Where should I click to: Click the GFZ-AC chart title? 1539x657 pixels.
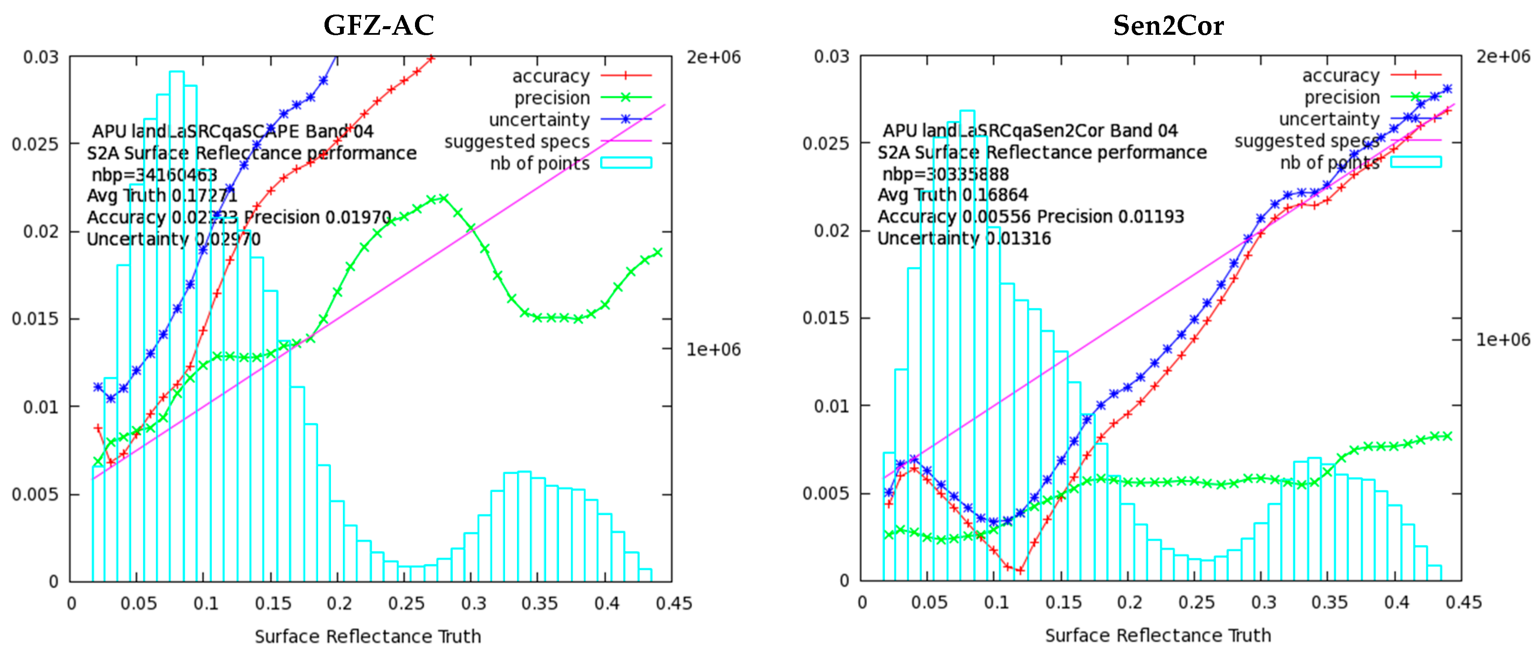click(379, 25)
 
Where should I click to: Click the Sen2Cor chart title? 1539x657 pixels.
click(1168, 25)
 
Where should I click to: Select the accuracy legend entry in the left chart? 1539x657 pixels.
click(550, 76)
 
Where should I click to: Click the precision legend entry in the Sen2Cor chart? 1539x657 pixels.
click(1341, 97)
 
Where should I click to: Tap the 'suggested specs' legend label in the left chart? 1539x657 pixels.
click(517, 142)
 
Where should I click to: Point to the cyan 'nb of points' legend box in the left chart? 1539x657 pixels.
click(625, 163)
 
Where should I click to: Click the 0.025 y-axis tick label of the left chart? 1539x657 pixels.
click(35, 144)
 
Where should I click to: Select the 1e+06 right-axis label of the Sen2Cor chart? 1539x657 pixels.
click(1503, 339)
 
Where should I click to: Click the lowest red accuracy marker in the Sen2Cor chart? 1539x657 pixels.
click(1020, 570)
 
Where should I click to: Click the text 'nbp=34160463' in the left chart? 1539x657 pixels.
click(154, 175)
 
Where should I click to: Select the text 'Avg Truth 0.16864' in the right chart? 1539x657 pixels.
click(952, 195)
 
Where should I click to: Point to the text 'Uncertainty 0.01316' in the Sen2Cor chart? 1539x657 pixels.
click(964, 239)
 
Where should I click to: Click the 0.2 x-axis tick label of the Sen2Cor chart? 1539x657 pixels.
click(1129, 603)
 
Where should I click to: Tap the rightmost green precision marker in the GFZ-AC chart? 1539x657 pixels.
click(658, 252)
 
